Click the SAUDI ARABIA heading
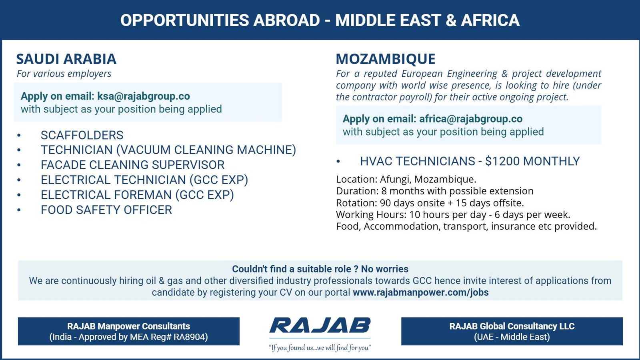tap(66, 59)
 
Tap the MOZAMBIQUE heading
tap(385, 59)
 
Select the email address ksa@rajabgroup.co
tap(143, 96)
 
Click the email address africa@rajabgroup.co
tap(470, 119)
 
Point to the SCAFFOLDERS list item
tap(82, 135)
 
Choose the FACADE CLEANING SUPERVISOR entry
tap(132, 165)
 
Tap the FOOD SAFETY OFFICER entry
tap(106, 210)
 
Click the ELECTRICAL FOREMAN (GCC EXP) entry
tap(137, 195)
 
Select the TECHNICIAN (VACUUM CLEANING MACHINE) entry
tap(168, 150)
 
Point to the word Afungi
tap(394, 179)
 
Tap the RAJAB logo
tap(320, 326)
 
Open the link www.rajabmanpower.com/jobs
tap(420, 292)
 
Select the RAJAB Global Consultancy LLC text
tap(512, 326)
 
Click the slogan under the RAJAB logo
tap(320, 348)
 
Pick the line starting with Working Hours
tap(453, 215)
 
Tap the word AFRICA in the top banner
tap(490, 20)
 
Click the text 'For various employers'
tap(64, 74)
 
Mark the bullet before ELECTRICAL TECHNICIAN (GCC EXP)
tap(19, 180)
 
